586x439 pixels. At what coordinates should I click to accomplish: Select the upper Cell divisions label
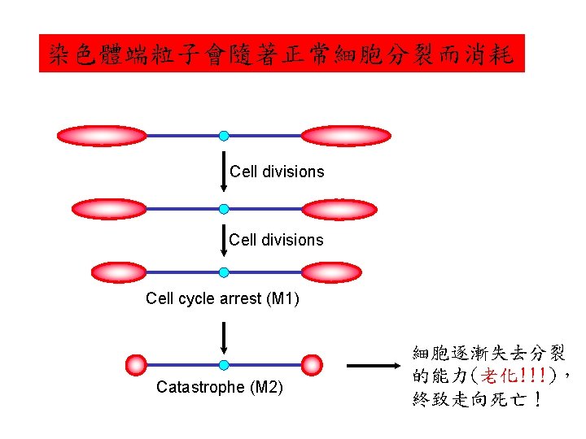pyautogui.click(x=277, y=172)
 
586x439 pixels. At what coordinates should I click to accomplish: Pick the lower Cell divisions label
pyautogui.click(x=276, y=240)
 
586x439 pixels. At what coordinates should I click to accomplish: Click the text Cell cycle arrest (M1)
pyautogui.click(x=222, y=298)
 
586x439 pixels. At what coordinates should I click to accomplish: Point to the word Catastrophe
pyautogui.click(x=200, y=387)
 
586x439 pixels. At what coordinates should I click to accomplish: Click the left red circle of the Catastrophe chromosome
pyautogui.click(x=137, y=365)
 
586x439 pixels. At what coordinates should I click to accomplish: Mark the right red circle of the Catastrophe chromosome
pyautogui.click(x=312, y=365)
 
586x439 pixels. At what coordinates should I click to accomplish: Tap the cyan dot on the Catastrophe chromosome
pyautogui.click(x=224, y=365)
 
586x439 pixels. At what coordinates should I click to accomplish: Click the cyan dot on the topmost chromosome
pyautogui.click(x=224, y=136)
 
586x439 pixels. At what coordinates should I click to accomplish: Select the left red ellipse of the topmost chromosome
pyautogui.click(x=102, y=136)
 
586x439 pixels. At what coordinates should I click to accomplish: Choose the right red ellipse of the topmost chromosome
pyautogui.click(x=347, y=136)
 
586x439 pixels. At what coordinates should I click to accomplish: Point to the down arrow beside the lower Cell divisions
pyautogui.click(x=224, y=241)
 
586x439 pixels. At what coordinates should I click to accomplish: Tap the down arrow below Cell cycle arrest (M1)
pyautogui.click(x=224, y=338)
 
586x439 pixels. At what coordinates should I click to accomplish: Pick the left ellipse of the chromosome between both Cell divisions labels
pyautogui.click(x=109, y=210)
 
